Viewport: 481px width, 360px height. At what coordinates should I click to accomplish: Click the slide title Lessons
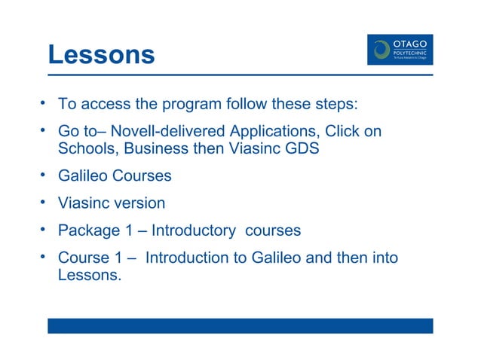coord(100,54)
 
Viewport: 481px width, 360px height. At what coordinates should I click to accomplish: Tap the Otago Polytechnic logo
coord(400,49)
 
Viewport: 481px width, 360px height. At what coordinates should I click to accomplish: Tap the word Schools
coord(90,148)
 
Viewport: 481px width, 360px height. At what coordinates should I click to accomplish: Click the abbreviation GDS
coord(301,148)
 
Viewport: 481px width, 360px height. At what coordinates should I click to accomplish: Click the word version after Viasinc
coord(139,203)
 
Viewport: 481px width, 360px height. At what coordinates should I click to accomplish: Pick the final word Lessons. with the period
coord(90,275)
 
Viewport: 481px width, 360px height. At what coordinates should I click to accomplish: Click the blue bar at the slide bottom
coord(240,325)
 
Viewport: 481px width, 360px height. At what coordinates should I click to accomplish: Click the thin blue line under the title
coord(240,75)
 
